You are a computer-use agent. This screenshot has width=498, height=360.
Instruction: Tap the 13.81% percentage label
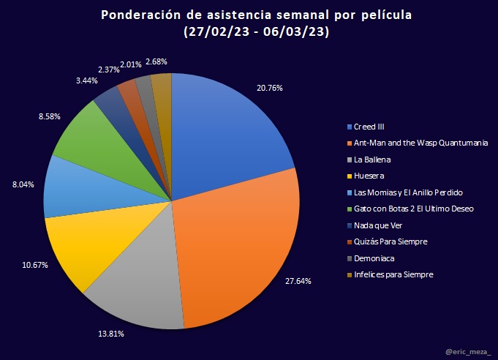click(x=110, y=334)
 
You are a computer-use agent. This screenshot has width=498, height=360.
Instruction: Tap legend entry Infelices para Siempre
click(x=393, y=274)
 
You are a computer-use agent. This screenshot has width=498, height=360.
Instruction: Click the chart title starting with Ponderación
click(x=249, y=15)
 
